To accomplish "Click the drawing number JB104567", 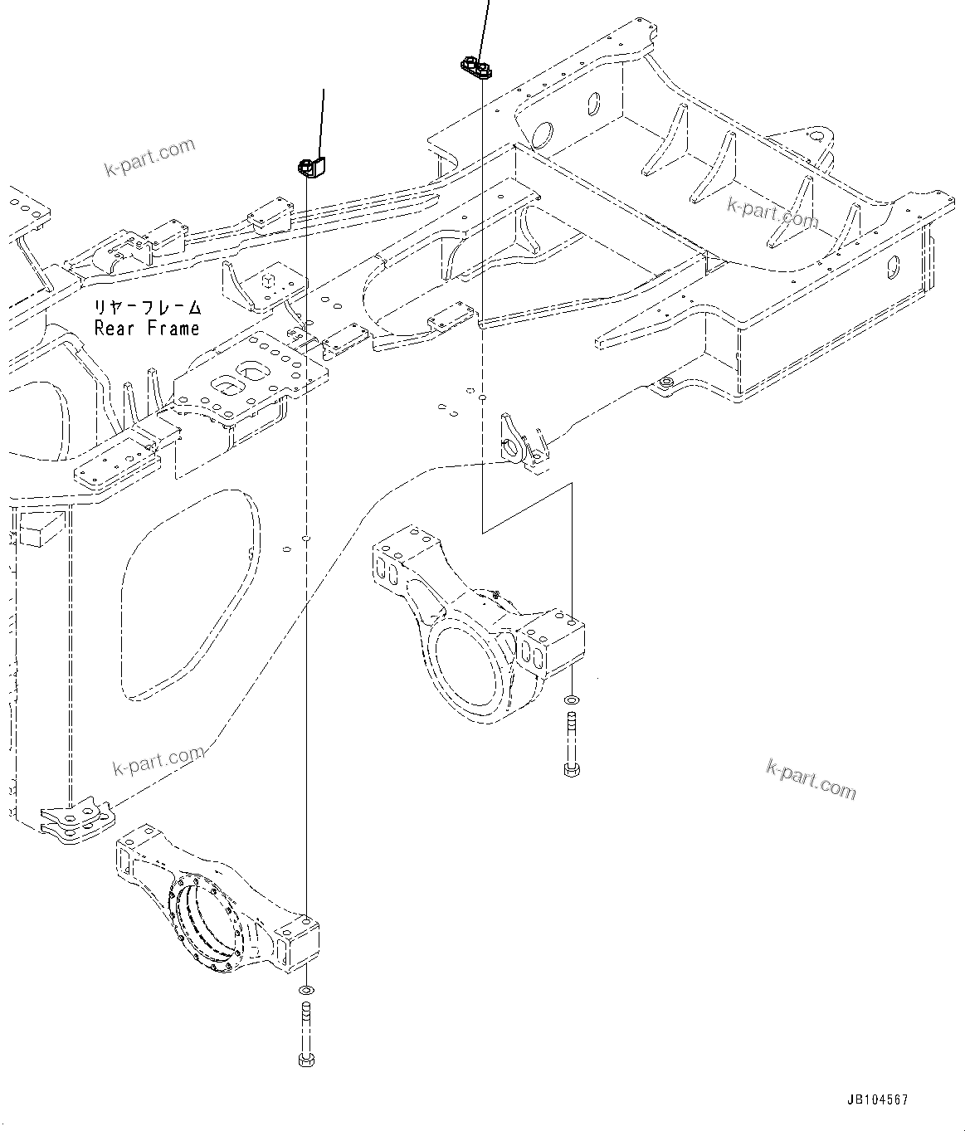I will pyautogui.click(x=877, y=1099).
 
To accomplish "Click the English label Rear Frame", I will pyautogui.click(x=148, y=329).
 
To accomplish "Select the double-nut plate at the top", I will pyautogui.click(x=476, y=67).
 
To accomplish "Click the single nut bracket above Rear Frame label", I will pyautogui.click(x=312, y=166).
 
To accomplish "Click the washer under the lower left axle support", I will pyautogui.click(x=305, y=991).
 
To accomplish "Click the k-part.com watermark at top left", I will pyautogui.click(x=149, y=158).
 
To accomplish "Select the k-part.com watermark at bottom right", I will pyautogui.click(x=811, y=778).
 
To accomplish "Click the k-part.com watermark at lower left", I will pyautogui.click(x=158, y=761).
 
